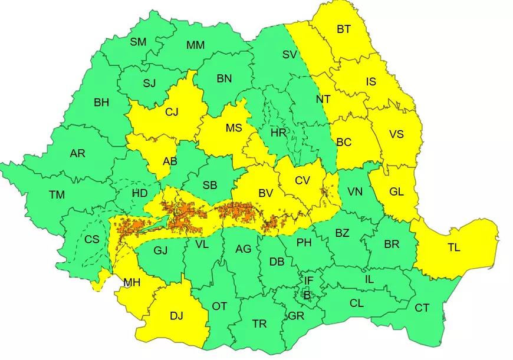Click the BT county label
(x=343, y=28)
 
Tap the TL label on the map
(x=453, y=248)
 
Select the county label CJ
(x=172, y=112)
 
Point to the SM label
(x=138, y=41)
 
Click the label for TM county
(x=57, y=195)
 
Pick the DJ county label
(x=176, y=316)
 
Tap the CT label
(x=422, y=308)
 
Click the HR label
(x=278, y=133)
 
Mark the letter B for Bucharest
(x=306, y=294)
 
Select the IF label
(x=308, y=280)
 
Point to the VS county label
(x=396, y=134)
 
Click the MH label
(x=131, y=283)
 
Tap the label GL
(x=396, y=191)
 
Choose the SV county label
(x=290, y=55)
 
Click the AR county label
(x=77, y=154)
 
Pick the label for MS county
(x=234, y=128)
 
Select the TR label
(x=259, y=324)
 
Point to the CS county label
(x=92, y=239)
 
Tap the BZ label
(x=342, y=233)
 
